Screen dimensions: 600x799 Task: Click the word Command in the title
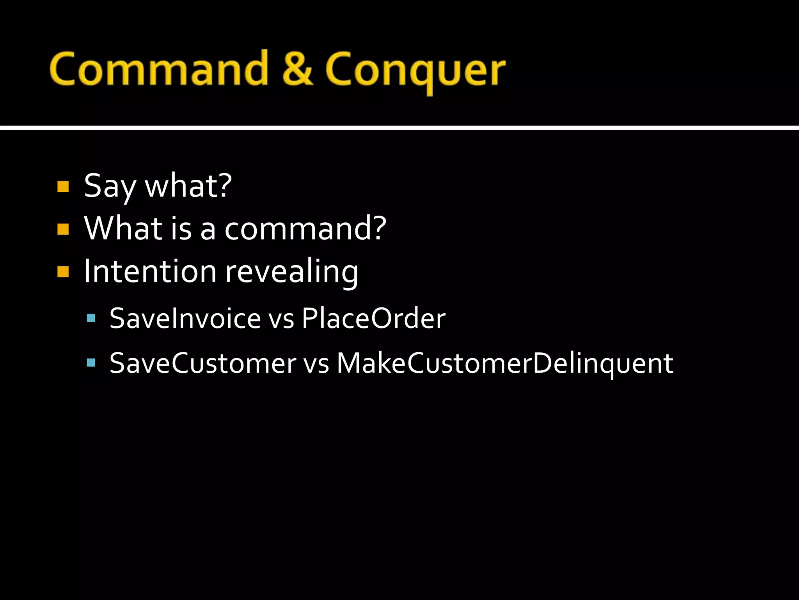point(158,68)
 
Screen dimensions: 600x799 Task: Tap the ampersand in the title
point(297,68)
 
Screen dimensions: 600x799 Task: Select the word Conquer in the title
point(415,70)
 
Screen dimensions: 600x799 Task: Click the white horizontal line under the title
point(399,127)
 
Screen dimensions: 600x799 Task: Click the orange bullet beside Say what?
point(63,186)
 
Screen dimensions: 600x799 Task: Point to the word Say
point(110,186)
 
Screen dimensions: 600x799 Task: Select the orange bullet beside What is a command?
point(63,229)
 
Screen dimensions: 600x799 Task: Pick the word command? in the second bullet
point(305,229)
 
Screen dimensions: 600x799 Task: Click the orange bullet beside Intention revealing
point(63,271)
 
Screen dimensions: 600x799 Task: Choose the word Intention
point(150,271)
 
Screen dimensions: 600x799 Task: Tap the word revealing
point(292,272)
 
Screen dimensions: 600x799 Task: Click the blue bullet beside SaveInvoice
point(91,318)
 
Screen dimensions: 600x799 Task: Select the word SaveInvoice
point(185,318)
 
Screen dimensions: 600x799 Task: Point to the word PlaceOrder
point(373,318)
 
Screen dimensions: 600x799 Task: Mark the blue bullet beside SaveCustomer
point(91,363)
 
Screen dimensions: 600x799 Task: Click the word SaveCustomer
point(203,363)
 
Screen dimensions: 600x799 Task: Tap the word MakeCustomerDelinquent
point(504,363)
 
